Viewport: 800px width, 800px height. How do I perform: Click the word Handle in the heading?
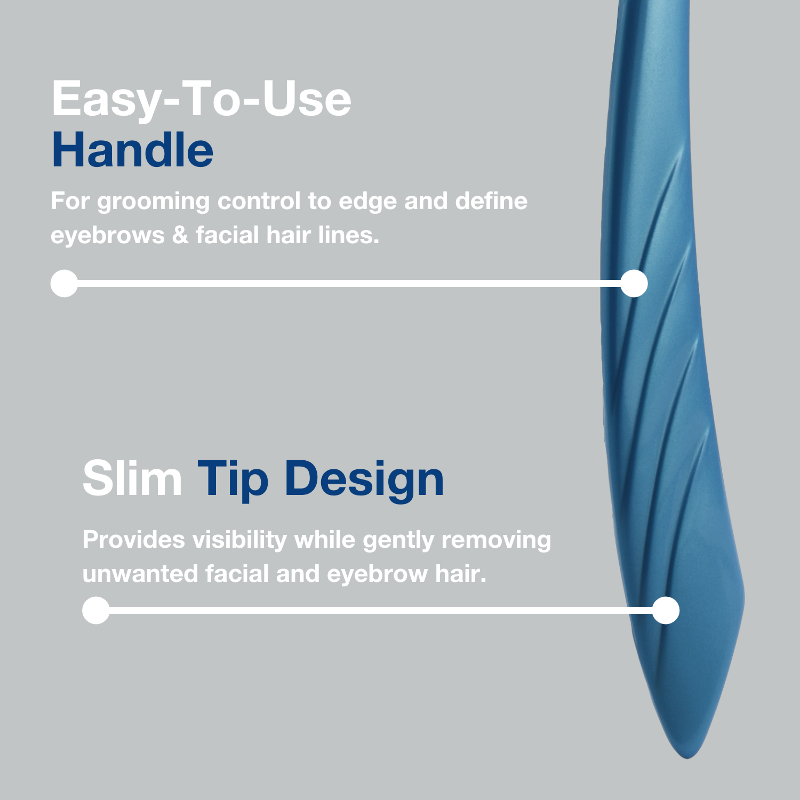point(132,150)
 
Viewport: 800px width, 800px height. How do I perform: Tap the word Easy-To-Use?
point(202,100)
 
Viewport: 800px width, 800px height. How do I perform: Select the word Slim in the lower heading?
point(132,478)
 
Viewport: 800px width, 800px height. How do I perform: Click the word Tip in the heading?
point(233,481)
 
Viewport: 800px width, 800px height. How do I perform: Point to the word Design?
point(364,481)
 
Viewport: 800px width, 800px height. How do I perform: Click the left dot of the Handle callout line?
point(64,283)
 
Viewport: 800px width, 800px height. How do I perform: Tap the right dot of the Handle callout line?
point(634,283)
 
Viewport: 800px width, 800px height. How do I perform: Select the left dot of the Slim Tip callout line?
point(96,610)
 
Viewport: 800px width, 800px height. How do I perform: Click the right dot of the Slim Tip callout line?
point(666,610)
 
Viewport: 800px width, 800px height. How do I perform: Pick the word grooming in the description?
point(154,203)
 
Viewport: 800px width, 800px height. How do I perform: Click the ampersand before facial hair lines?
point(181,235)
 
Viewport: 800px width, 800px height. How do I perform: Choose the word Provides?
point(133,540)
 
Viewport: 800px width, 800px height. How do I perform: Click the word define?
point(491,201)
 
